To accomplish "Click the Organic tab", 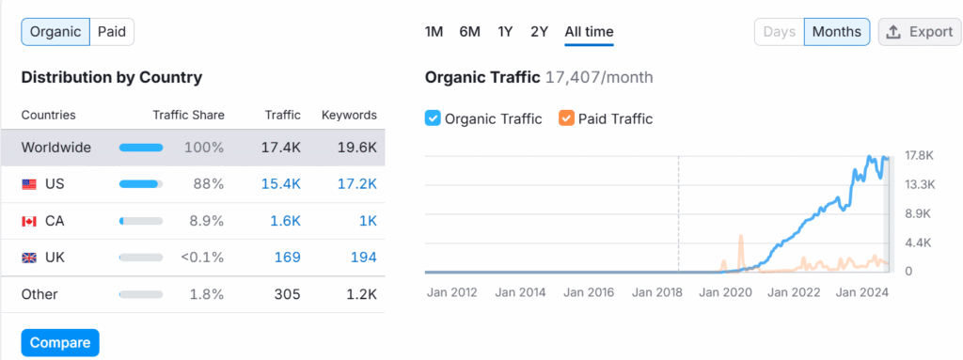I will point(55,32).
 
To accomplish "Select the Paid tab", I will point(112,32).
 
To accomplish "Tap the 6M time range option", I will point(469,32).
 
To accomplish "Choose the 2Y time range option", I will point(539,32).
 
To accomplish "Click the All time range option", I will point(589,32).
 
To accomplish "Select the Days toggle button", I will point(780,32).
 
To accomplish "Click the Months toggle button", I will point(836,32).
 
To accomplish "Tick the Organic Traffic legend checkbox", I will point(433,118).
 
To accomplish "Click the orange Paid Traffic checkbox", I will point(565,118).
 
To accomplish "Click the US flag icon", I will point(29,185).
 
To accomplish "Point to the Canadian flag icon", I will point(29,221).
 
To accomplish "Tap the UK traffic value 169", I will point(288,257).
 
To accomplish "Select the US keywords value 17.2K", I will point(356,185).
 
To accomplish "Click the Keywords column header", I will point(349,116).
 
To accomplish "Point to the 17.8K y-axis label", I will point(918,155).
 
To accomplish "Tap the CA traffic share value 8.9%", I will point(206,221).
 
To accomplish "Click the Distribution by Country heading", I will point(111,77).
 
